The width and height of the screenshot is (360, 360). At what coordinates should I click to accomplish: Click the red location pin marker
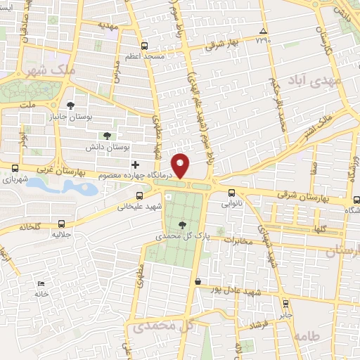click(x=181, y=166)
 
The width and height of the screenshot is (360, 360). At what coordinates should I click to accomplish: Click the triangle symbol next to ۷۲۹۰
click(x=264, y=32)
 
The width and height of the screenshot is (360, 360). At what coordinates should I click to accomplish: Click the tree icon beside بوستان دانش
click(x=107, y=136)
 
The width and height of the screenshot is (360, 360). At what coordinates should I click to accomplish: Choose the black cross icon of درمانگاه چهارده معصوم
click(x=134, y=164)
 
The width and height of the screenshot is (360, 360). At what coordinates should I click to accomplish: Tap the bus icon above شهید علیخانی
click(x=139, y=195)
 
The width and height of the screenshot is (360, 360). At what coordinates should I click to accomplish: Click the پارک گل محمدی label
click(x=184, y=236)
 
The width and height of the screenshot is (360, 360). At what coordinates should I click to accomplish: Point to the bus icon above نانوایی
click(x=232, y=192)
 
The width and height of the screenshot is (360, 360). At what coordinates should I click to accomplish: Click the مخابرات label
click(x=238, y=240)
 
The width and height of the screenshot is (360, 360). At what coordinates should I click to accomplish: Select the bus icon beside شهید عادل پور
click(x=200, y=281)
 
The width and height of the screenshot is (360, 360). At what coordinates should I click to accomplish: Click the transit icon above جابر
click(x=285, y=303)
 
